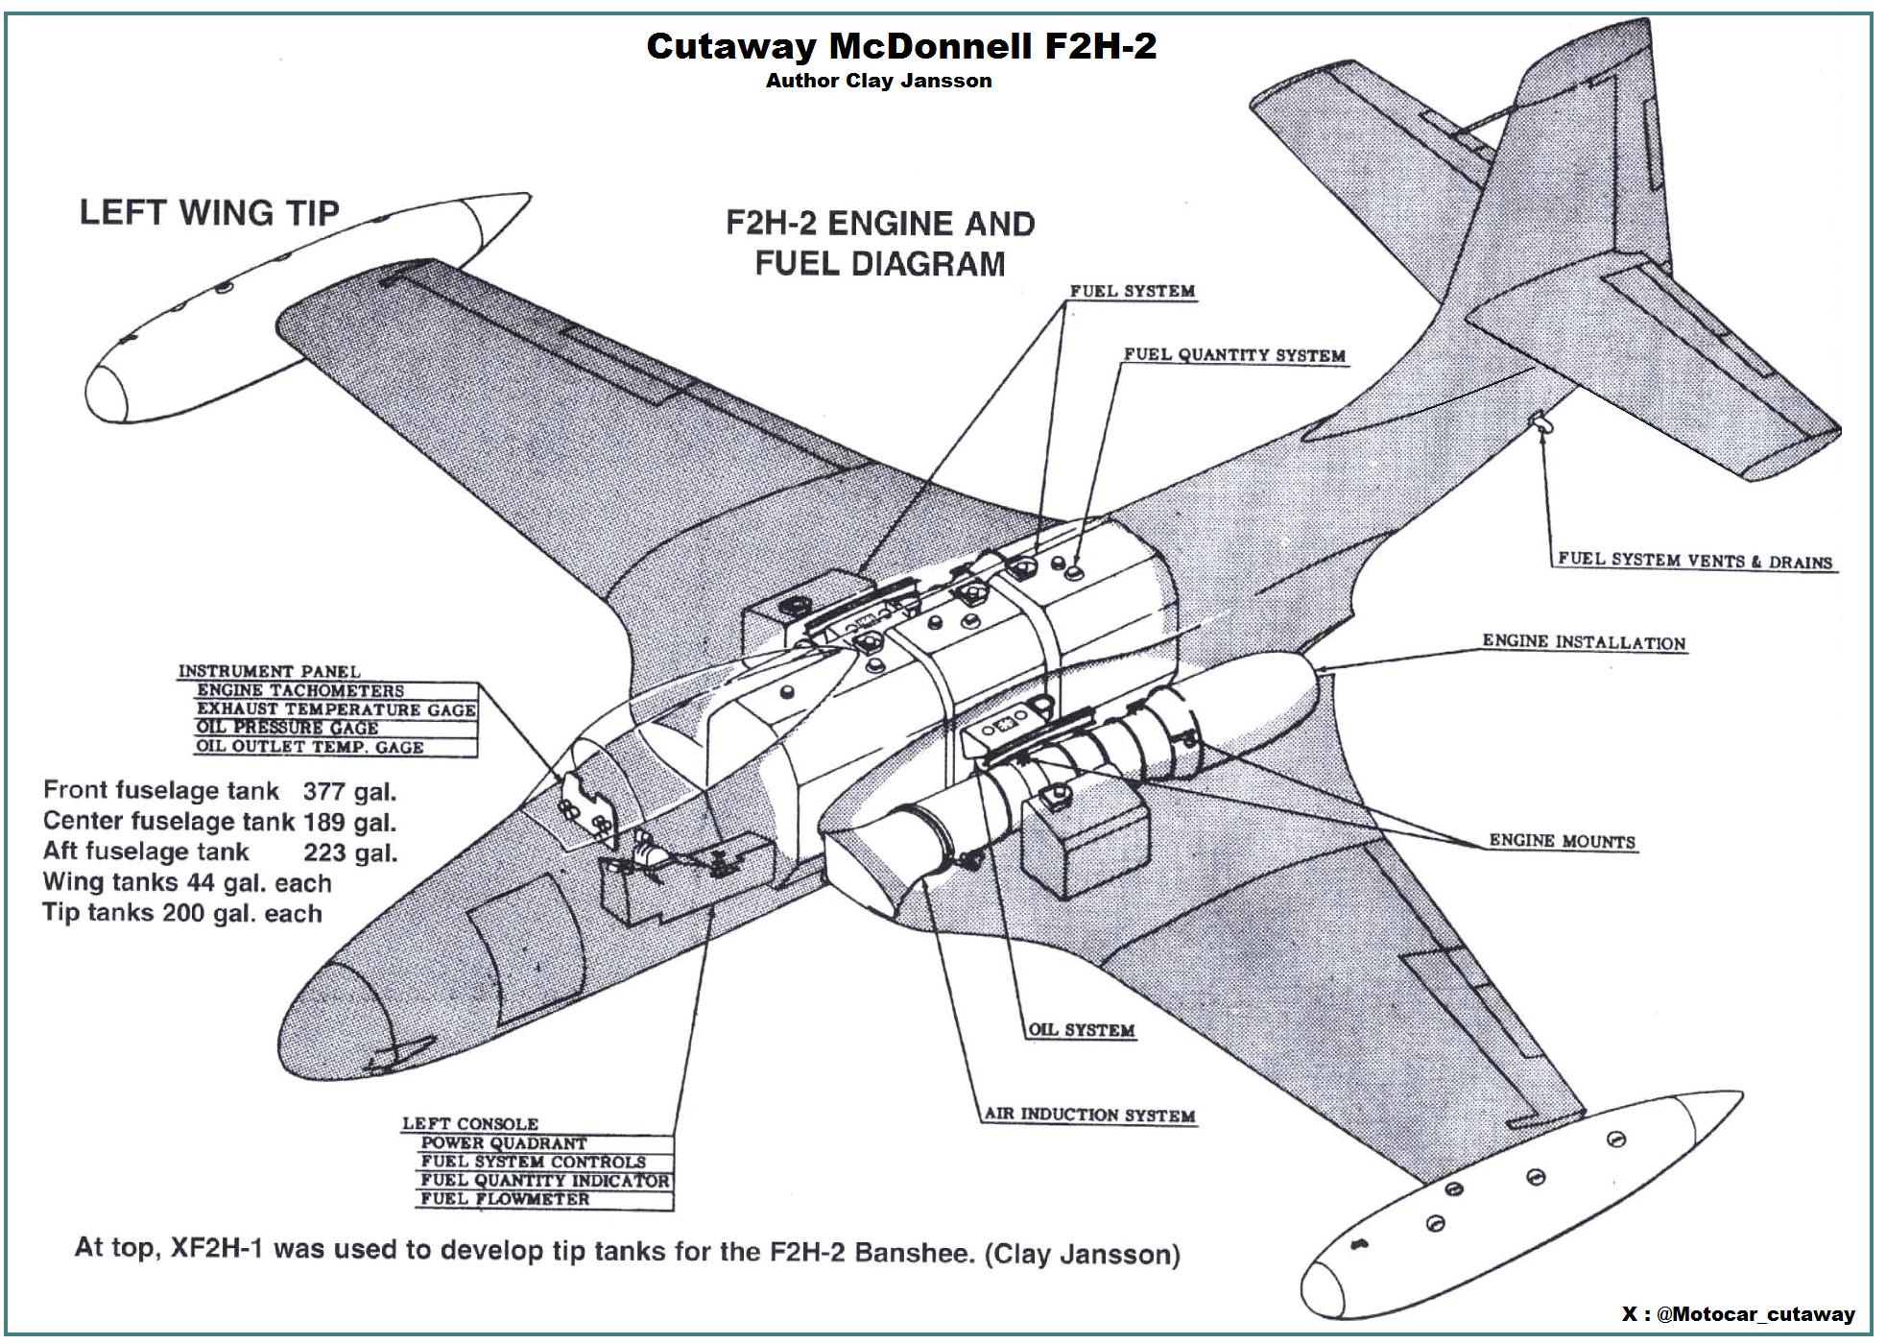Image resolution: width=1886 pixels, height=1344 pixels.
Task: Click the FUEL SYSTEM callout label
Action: (x=1133, y=292)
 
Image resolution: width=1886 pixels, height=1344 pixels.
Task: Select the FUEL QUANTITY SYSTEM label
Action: (x=1234, y=355)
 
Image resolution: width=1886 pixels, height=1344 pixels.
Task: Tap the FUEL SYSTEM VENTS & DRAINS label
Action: (x=1694, y=561)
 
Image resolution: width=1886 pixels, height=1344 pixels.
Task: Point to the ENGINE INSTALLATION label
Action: (x=1584, y=642)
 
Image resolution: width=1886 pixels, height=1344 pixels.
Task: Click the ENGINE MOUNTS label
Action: (x=1562, y=842)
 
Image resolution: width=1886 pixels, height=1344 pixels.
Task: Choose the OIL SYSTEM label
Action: (x=1082, y=1030)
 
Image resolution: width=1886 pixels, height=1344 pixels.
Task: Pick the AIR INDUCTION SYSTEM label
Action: (x=1089, y=1116)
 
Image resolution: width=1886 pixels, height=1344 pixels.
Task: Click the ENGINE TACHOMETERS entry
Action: (x=300, y=691)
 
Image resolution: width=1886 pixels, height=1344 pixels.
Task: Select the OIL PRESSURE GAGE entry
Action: (x=287, y=729)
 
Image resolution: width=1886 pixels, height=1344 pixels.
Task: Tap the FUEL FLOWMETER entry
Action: (x=505, y=1199)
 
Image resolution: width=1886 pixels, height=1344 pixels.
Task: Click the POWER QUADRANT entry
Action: (x=504, y=1143)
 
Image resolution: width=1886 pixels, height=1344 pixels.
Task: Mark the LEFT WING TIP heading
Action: (x=209, y=212)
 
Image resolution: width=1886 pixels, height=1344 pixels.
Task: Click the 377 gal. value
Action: (x=349, y=792)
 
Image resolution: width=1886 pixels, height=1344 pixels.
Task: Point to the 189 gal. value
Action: (x=349, y=823)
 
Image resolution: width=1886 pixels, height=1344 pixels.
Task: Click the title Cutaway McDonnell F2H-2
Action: (x=900, y=46)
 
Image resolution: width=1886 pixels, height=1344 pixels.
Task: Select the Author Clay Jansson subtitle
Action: (x=878, y=82)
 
